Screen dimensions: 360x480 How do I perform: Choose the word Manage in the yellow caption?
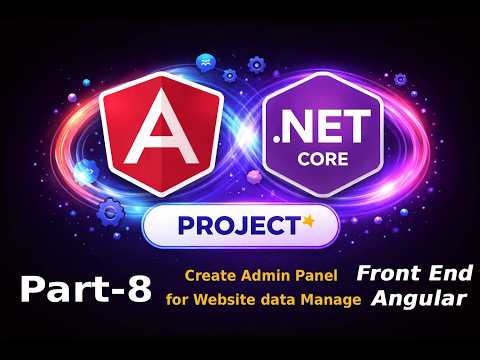(x=334, y=299)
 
